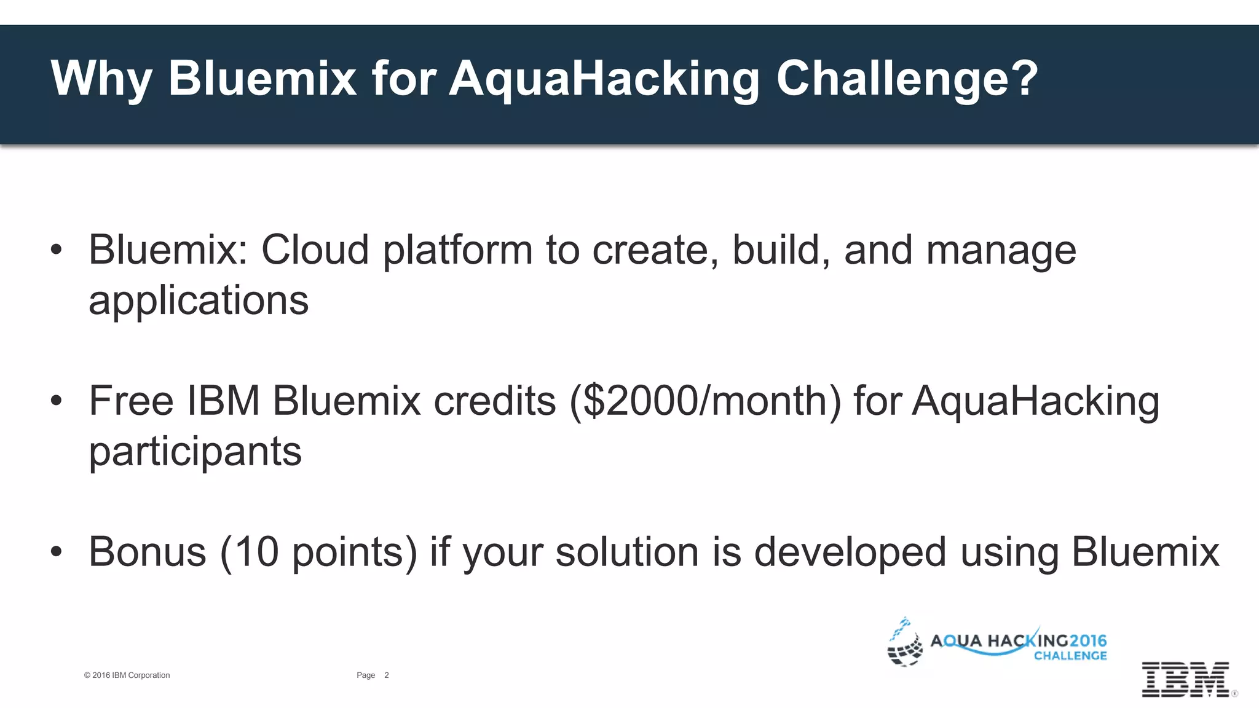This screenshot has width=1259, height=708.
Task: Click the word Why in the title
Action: click(101, 79)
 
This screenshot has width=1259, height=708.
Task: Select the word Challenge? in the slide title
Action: click(907, 79)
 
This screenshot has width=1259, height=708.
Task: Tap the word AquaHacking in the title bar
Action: click(604, 79)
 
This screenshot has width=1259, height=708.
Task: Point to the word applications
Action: click(199, 301)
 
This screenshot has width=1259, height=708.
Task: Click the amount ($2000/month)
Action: click(705, 401)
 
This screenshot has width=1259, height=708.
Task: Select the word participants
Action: click(195, 452)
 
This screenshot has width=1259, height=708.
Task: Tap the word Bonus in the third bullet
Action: click(148, 551)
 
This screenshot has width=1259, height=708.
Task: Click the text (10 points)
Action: click(318, 551)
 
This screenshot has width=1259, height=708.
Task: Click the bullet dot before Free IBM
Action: click(57, 401)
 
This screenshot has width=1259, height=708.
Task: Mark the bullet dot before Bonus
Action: click(57, 552)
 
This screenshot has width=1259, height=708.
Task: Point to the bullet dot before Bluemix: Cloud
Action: click(57, 250)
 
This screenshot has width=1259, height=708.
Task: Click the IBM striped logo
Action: click(1185, 679)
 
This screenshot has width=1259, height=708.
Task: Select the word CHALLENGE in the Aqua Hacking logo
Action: click(1070, 656)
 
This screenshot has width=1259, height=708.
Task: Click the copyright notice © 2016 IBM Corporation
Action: click(127, 675)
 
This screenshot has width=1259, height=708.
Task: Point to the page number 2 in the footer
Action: click(387, 675)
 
